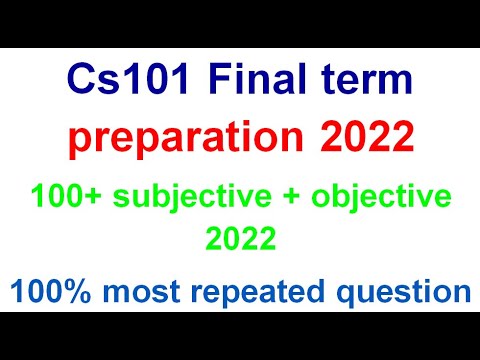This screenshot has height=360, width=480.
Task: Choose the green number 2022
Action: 239,238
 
